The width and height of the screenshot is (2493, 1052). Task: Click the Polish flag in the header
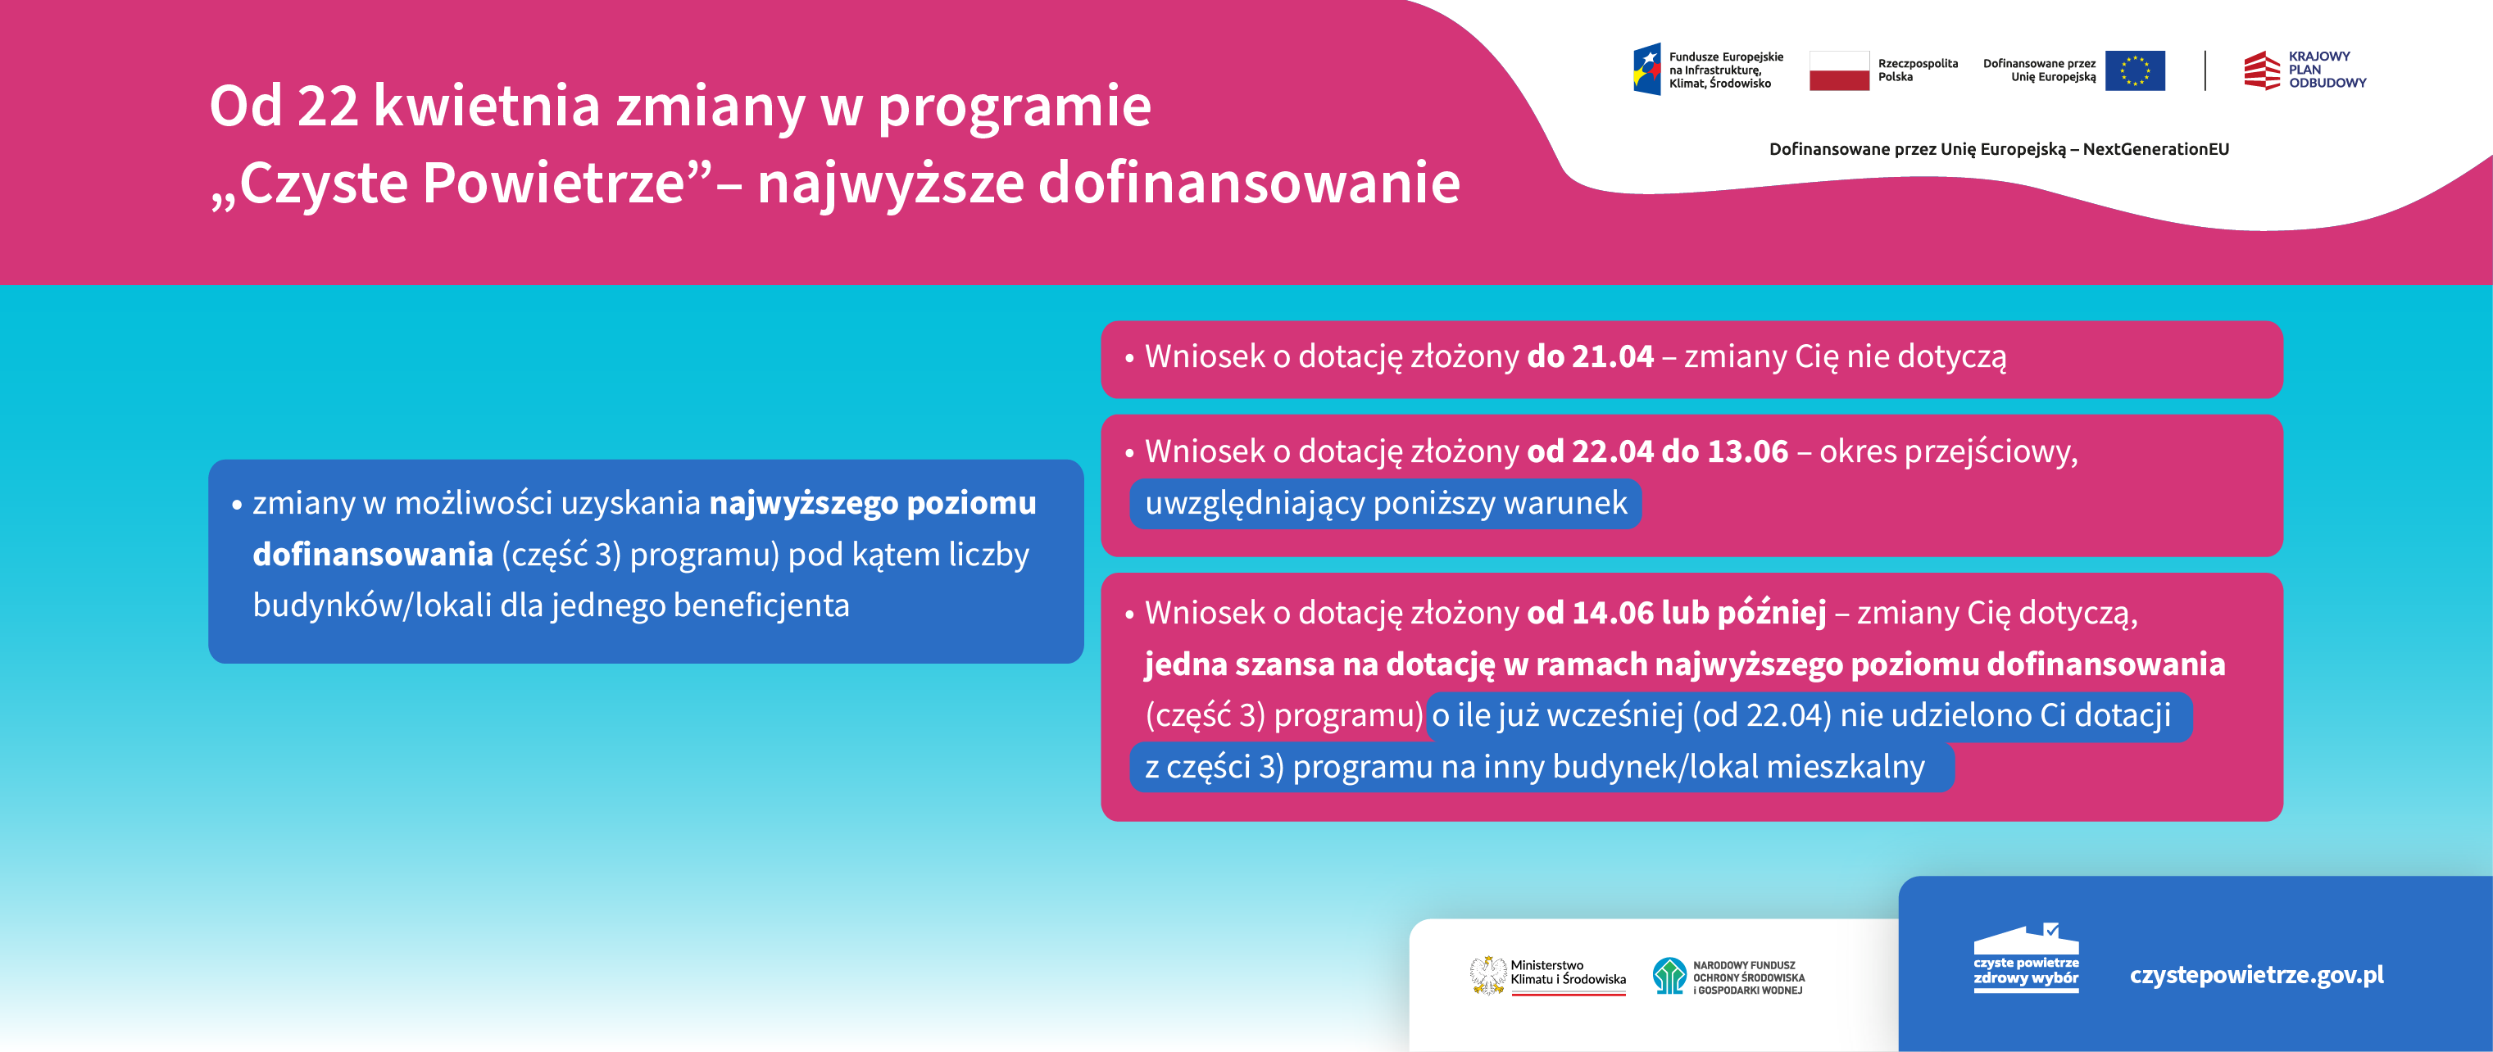point(1839,70)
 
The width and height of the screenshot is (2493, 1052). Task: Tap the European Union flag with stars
point(2135,70)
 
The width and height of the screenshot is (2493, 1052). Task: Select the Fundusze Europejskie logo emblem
point(1647,70)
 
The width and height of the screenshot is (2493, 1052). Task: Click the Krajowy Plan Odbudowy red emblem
point(2262,70)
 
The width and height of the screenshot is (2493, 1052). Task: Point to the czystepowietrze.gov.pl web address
point(2256,975)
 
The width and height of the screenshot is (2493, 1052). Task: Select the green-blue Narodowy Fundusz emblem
point(1669,976)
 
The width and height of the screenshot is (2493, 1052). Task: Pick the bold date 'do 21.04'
point(1590,357)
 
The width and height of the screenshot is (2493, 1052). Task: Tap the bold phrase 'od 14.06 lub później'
point(1676,613)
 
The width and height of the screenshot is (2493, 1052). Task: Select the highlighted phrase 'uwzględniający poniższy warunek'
point(1386,503)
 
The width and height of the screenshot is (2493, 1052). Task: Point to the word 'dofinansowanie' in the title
point(1248,183)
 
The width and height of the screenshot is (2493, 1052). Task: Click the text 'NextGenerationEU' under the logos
point(2155,149)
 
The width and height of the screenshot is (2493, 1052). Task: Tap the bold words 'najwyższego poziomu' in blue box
point(872,503)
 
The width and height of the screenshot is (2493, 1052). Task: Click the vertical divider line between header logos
point(2205,70)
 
